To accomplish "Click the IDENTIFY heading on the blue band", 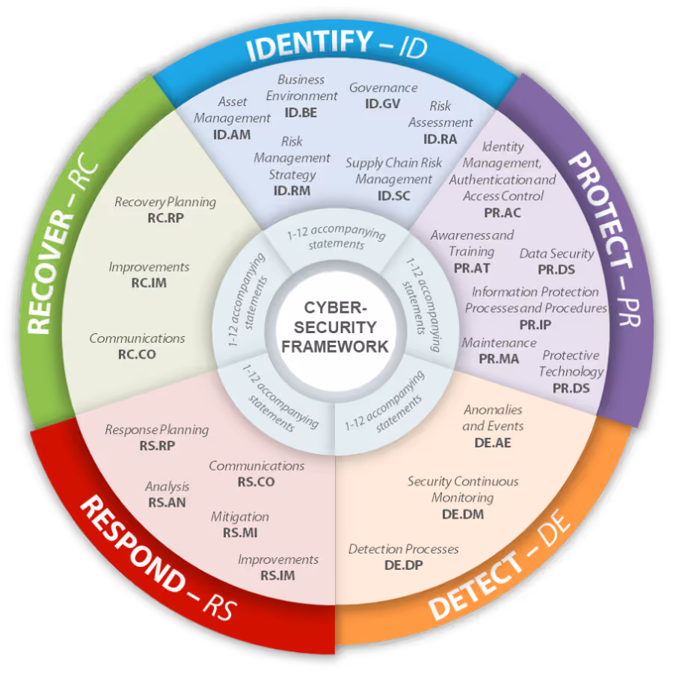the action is tap(310, 44).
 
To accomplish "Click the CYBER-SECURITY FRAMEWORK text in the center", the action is tap(335, 327).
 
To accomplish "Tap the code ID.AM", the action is tap(232, 134).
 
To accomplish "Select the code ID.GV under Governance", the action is tap(382, 104).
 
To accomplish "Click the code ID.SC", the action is tap(393, 196).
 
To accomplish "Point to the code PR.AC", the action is tap(503, 212).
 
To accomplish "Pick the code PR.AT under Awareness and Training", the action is tap(472, 268).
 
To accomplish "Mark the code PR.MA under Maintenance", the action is tap(499, 359).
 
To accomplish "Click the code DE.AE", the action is tap(493, 442).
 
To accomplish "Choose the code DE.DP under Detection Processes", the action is tap(404, 565).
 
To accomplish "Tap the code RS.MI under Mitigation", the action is tap(240, 533).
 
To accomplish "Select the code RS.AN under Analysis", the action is tap(168, 502).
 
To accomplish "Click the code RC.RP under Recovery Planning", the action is tap(165, 218).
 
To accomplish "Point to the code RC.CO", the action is tap(137, 355).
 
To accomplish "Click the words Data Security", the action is tap(557, 254).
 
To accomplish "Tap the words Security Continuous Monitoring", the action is tap(463, 489).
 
